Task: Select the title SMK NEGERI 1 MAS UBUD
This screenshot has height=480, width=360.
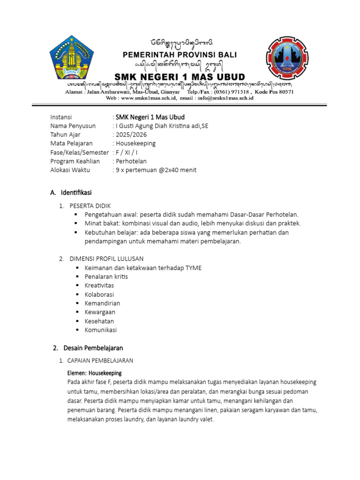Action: tap(180, 76)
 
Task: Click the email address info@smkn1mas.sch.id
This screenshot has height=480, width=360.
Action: tap(226, 98)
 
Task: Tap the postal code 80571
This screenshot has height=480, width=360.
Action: tap(284, 92)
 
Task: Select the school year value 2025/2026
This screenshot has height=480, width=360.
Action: tap(129, 135)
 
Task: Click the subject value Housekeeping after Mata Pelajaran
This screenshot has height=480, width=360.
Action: tap(135, 143)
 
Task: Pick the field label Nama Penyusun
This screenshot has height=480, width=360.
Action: tap(73, 126)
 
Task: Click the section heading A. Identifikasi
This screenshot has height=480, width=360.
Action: tap(71, 193)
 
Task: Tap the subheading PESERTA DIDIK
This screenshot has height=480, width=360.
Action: tap(90, 206)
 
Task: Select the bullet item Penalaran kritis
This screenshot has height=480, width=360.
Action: tap(106, 277)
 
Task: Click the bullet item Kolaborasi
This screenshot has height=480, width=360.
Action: tap(99, 294)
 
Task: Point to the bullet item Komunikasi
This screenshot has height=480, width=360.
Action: tap(101, 330)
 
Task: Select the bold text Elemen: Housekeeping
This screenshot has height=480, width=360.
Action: tap(94, 373)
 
